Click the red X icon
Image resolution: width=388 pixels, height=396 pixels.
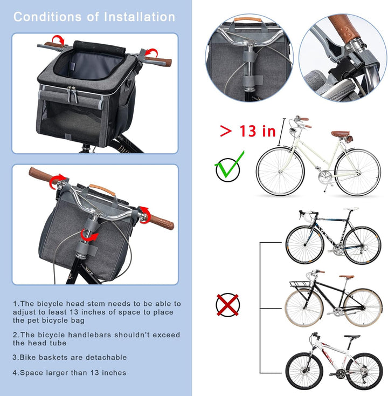click(227, 305)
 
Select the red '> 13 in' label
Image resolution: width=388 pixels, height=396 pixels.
click(247, 131)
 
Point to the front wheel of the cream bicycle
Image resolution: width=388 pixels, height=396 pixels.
click(280, 172)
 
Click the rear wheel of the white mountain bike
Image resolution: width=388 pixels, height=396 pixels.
click(363, 371)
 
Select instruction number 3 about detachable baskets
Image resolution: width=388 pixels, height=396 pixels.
click(70, 357)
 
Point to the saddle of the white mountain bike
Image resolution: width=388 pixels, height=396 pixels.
click(353, 337)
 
